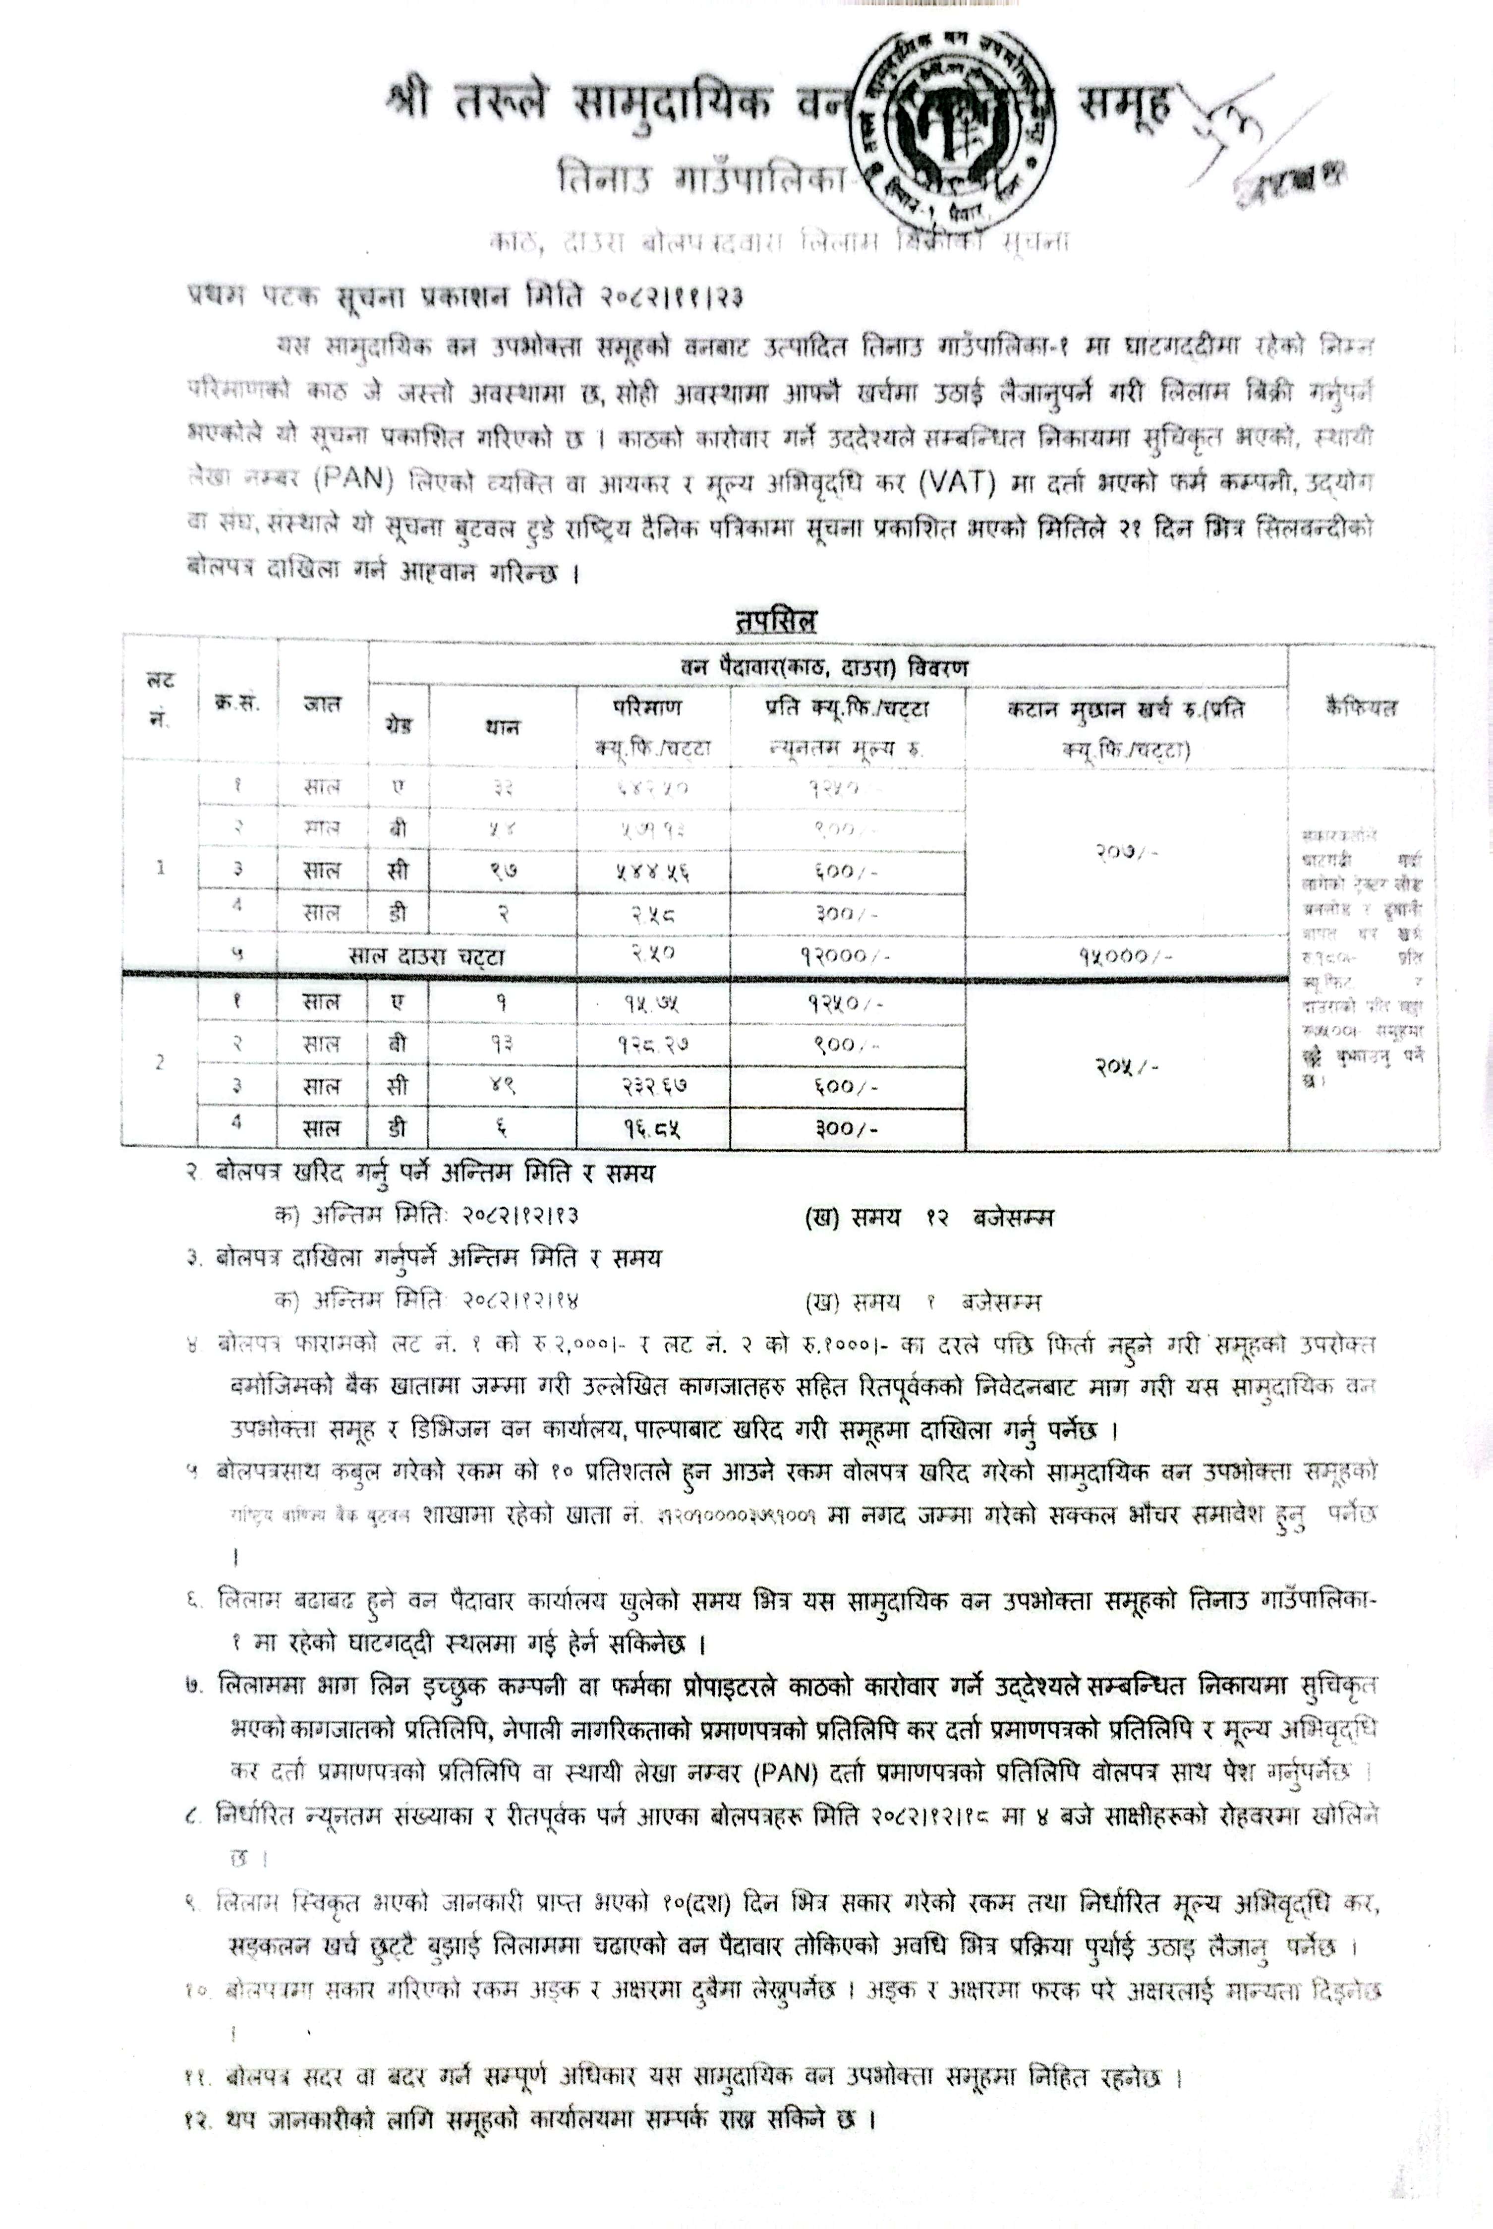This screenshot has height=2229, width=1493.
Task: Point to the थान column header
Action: click(x=502, y=726)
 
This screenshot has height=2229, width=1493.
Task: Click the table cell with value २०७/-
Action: click(x=1126, y=850)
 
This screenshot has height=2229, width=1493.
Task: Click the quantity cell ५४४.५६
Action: click(x=652, y=870)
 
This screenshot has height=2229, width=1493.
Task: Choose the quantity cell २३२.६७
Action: click(x=652, y=1086)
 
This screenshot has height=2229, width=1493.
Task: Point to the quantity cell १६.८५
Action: click(x=652, y=1128)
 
